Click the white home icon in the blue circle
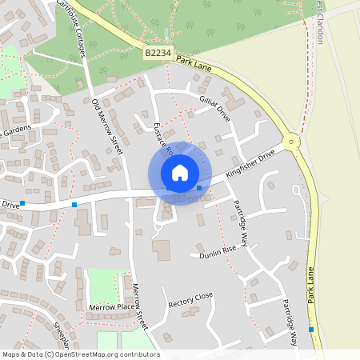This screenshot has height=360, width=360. (x=180, y=173)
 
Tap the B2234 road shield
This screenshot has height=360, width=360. (x=157, y=53)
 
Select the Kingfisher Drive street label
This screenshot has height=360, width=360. (x=250, y=162)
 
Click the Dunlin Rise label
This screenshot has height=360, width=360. (x=218, y=253)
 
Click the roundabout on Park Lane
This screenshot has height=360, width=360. (x=292, y=142)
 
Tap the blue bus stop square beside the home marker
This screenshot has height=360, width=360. (x=199, y=187)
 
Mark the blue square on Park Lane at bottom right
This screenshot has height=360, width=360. (x=311, y=329)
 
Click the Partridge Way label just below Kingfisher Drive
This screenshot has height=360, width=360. (x=241, y=214)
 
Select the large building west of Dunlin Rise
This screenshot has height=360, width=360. (x=162, y=250)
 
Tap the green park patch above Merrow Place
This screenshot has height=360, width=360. (x=102, y=284)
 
